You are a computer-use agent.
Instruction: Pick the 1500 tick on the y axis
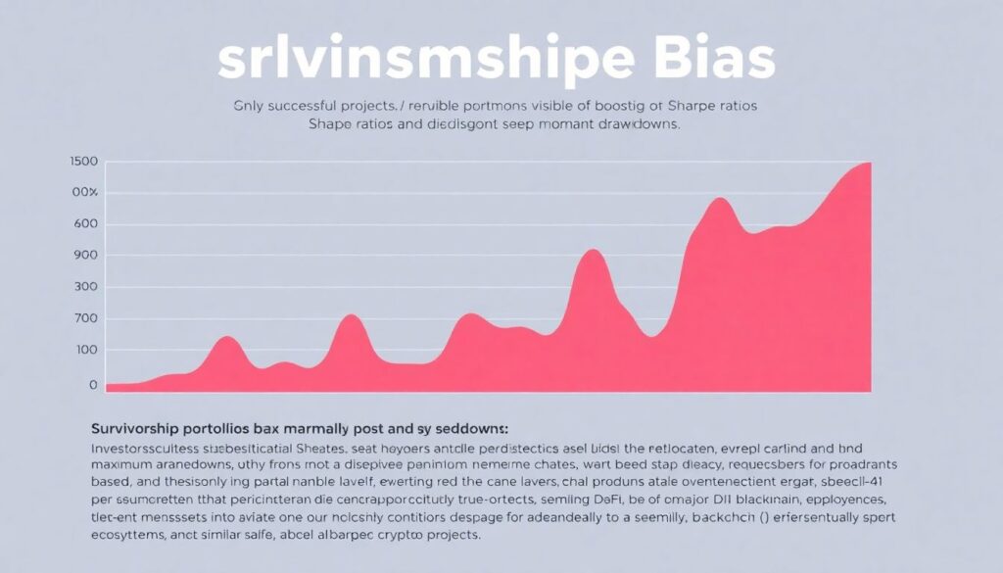point(84,162)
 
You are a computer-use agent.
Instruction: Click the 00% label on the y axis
point(84,193)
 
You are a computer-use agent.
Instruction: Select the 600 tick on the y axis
point(86,224)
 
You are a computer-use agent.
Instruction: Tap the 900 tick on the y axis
point(86,256)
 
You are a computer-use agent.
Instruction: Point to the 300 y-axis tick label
point(86,288)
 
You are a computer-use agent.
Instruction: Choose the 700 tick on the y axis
point(86,319)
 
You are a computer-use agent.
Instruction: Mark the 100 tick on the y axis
point(86,351)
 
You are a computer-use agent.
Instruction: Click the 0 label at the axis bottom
point(93,385)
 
